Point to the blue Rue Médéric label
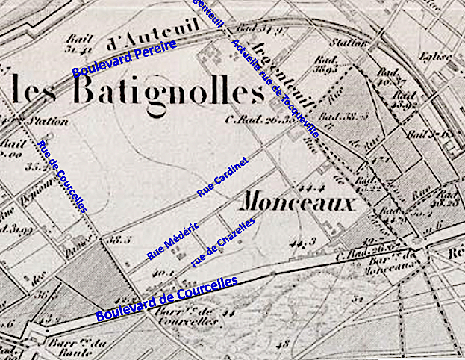point(172,240)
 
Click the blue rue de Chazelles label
point(223,241)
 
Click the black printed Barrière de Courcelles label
point(182,314)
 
